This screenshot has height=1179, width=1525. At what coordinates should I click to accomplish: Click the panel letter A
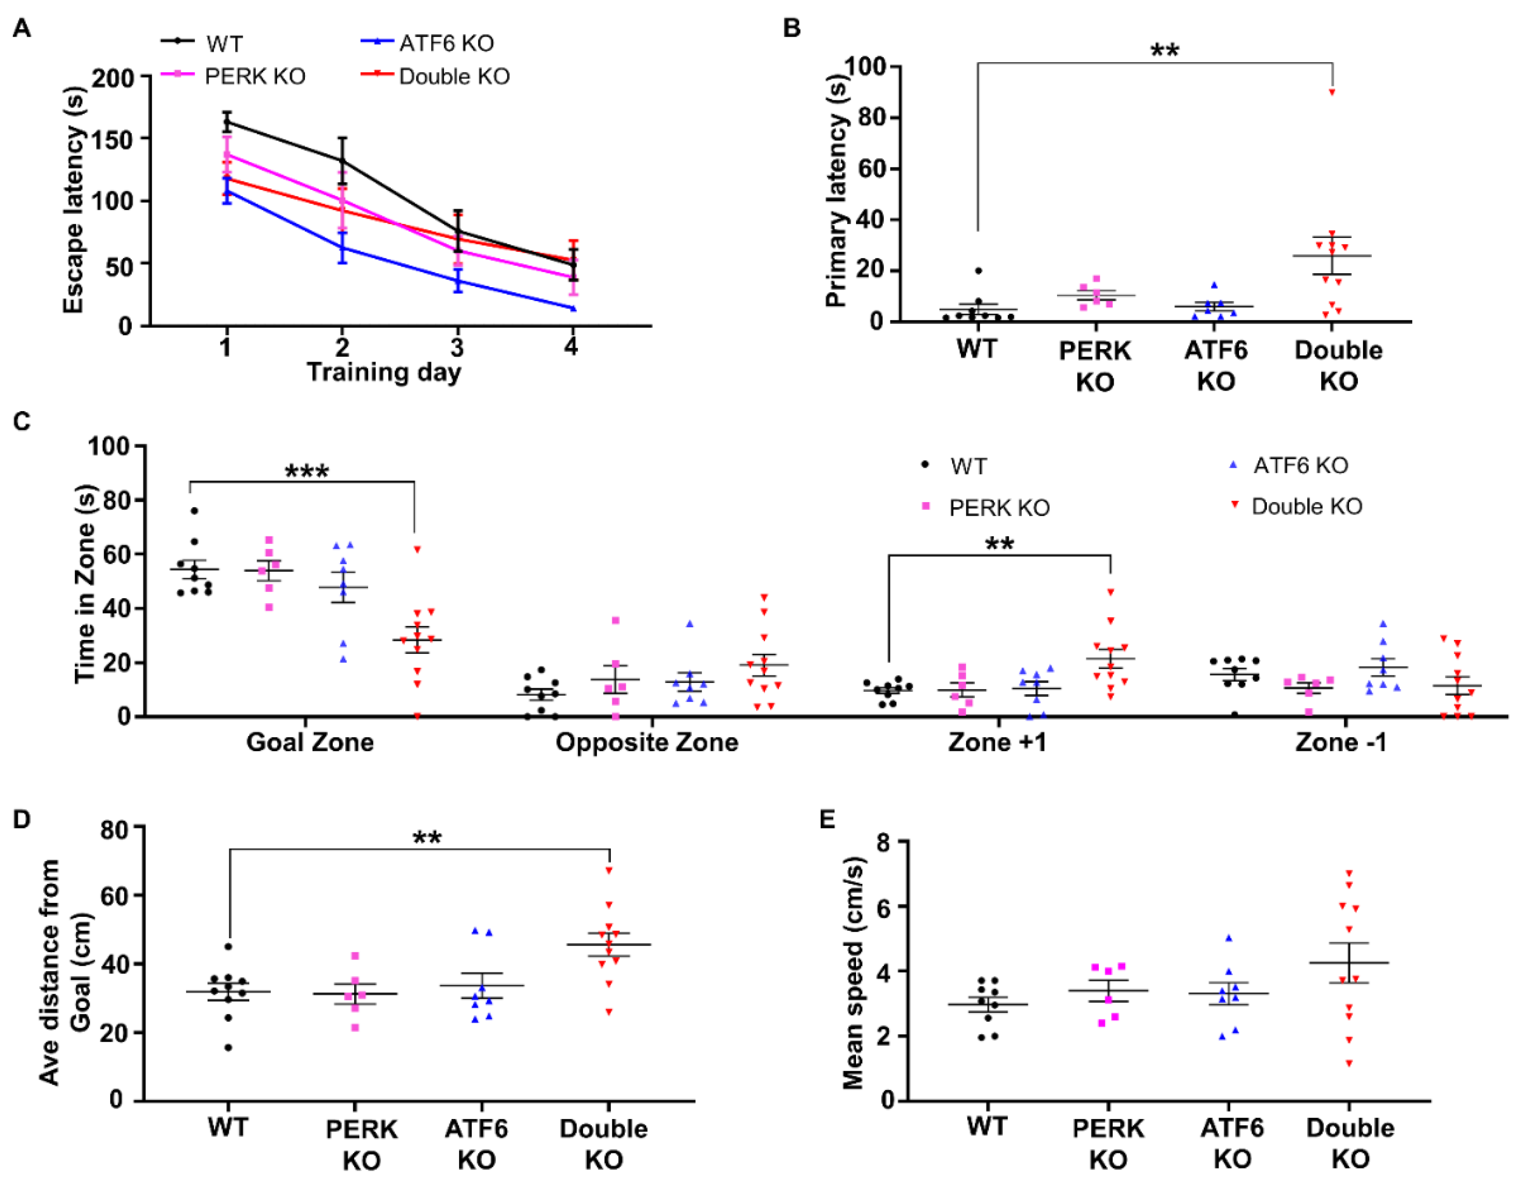pyautogui.click(x=22, y=29)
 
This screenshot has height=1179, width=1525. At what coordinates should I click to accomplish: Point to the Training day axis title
pyautogui.click(x=383, y=372)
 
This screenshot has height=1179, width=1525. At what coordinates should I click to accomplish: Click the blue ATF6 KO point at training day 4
pyautogui.click(x=572, y=308)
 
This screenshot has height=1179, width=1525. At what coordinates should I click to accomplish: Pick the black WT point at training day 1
pyautogui.click(x=226, y=122)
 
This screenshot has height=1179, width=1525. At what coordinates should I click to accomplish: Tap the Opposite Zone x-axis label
pyautogui.click(x=647, y=742)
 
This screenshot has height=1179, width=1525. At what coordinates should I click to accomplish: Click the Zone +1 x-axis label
pyautogui.click(x=997, y=742)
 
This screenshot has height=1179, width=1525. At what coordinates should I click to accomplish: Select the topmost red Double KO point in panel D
pyautogui.click(x=609, y=870)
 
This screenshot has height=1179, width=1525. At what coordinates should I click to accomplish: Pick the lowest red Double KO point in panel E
pyautogui.click(x=1349, y=1063)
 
